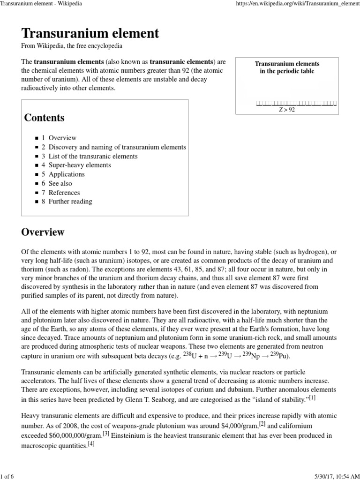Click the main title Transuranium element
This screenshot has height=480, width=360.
click(90, 33)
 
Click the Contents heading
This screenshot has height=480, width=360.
click(45, 118)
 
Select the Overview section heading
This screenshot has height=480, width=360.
click(43, 232)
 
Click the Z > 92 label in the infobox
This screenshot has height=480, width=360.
click(287, 110)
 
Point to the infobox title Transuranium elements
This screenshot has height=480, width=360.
click(287, 67)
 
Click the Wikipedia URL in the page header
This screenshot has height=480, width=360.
click(300, 4)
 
